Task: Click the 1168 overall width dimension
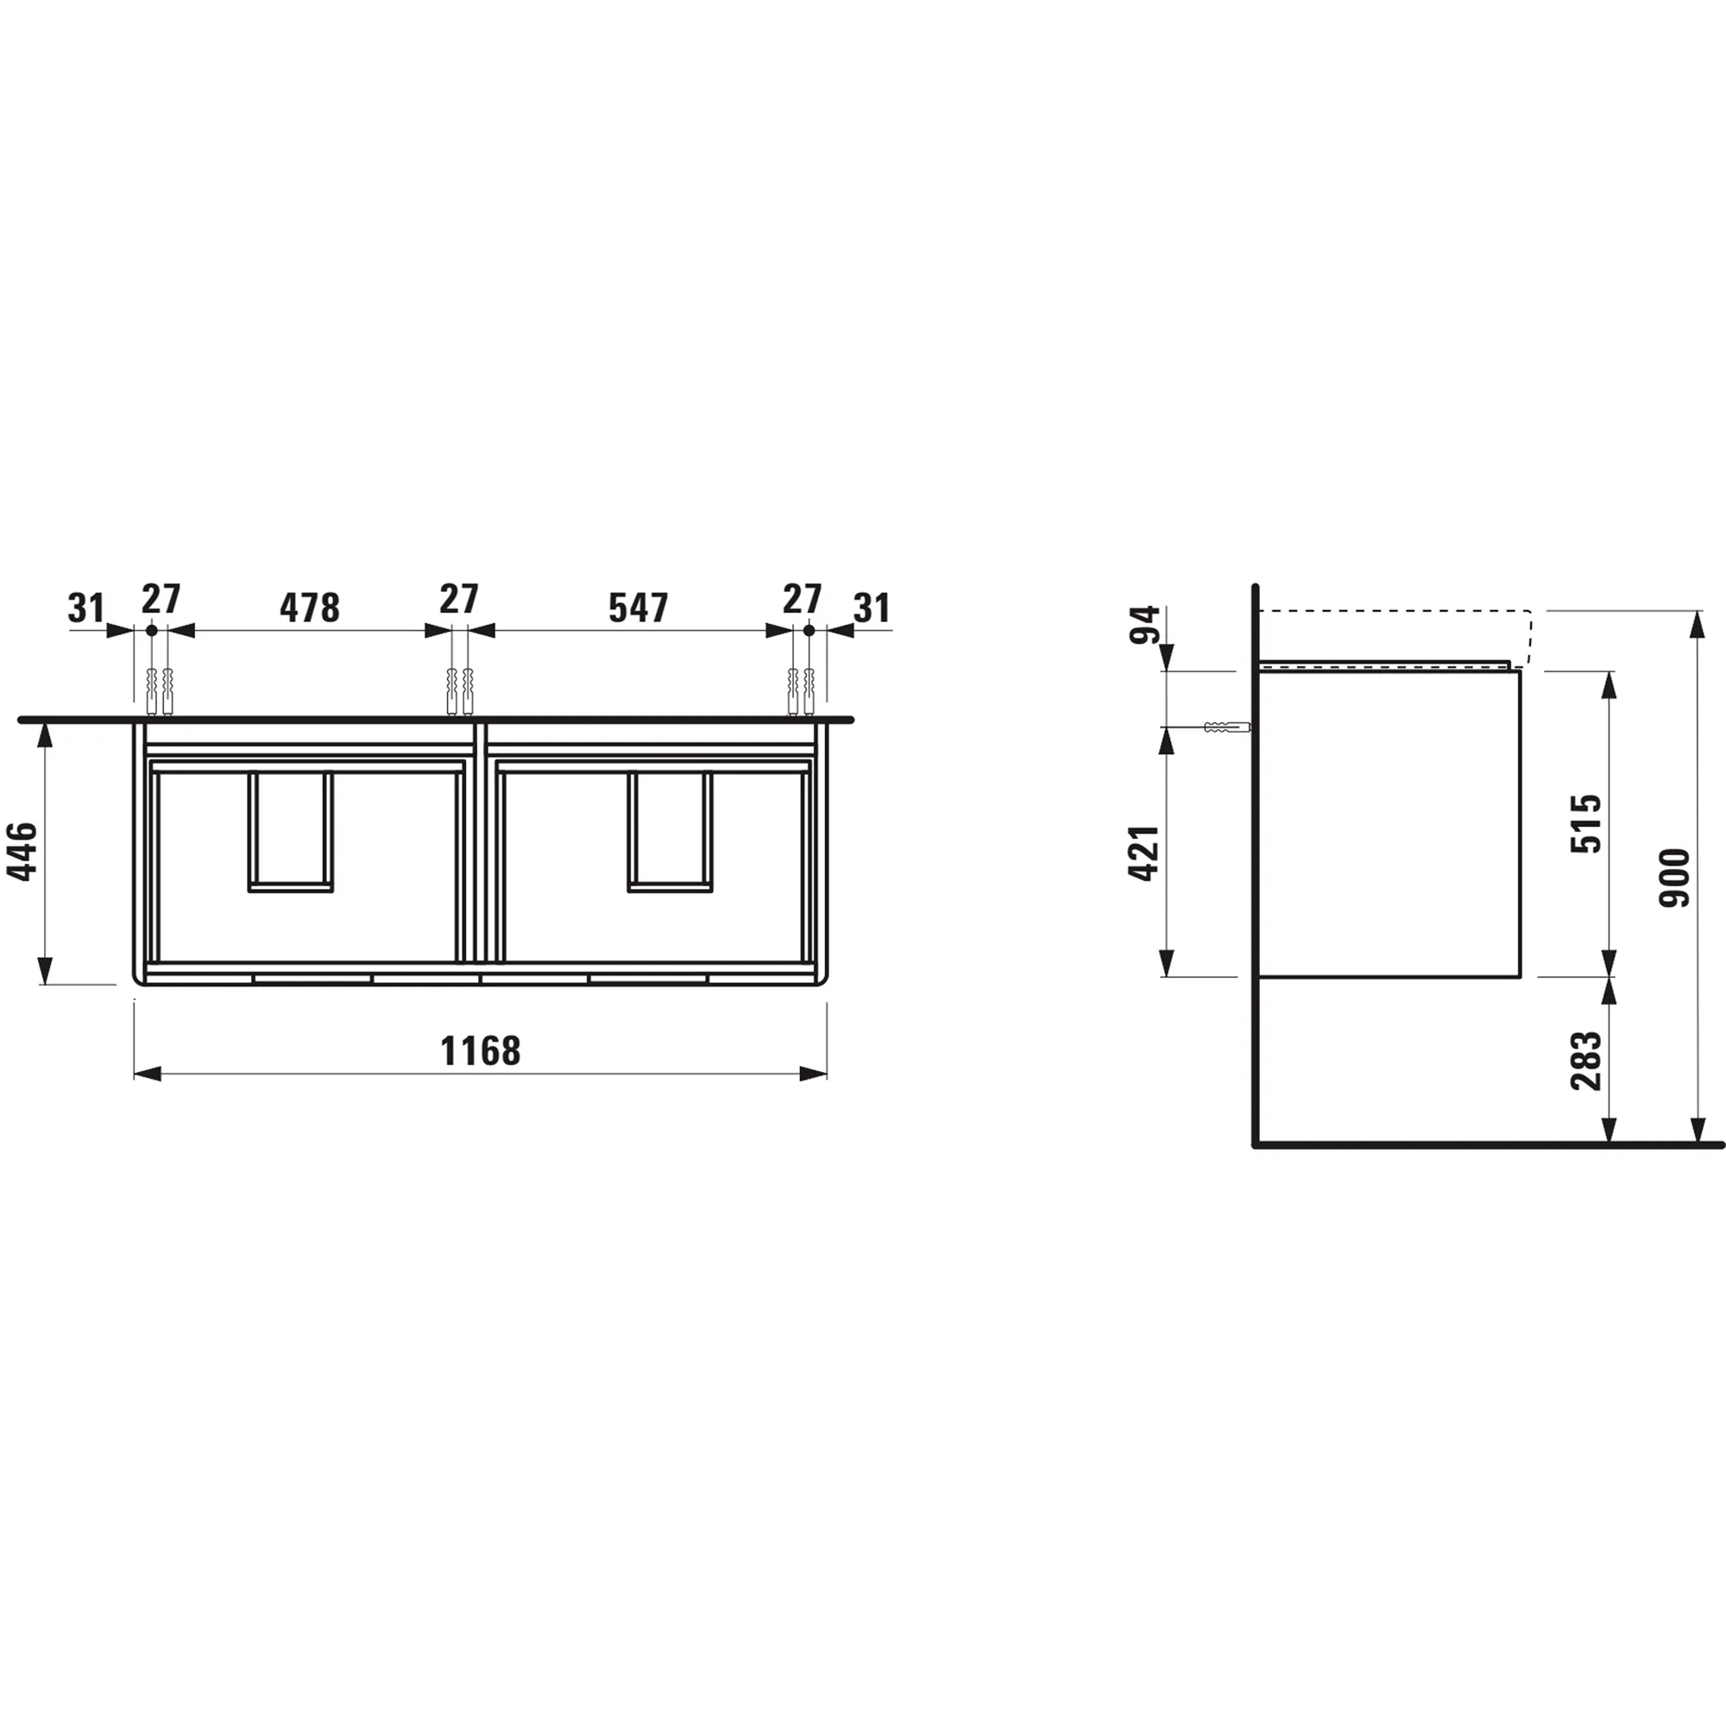480,1050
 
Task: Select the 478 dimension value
309,608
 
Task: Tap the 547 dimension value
638,608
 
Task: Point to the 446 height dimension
23,851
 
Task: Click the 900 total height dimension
1675,878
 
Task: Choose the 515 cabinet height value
1587,822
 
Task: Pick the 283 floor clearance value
1587,1061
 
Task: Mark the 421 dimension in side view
1144,854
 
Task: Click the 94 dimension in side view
1144,625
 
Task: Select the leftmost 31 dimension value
85,608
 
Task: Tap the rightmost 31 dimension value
871,608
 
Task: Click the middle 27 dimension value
458,600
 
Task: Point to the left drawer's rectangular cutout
290,832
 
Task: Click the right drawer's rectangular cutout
670,832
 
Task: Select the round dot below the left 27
152,631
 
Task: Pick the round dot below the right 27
809,631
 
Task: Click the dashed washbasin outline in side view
1394,611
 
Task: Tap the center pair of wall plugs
459,691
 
